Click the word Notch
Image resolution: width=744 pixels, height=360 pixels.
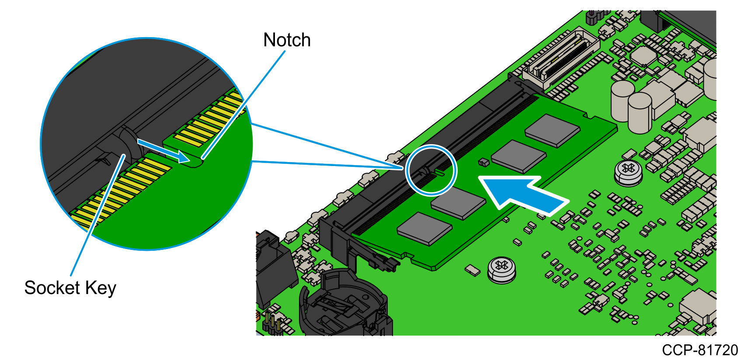(x=287, y=40)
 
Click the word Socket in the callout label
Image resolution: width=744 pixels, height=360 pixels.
(x=52, y=288)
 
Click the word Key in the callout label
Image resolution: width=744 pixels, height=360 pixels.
(x=101, y=288)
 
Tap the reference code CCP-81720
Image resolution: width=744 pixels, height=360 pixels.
(x=699, y=350)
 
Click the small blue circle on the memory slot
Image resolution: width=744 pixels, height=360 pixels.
(x=431, y=170)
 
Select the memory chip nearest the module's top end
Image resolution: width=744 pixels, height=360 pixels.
(x=553, y=130)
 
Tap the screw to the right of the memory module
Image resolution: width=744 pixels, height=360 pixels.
(x=629, y=171)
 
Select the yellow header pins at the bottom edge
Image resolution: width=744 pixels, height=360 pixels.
(x=272, y=323)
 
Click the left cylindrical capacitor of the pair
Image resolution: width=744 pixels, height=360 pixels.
(x=622, y=100)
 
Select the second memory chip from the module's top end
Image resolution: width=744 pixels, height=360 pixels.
(x=519, y=156)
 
